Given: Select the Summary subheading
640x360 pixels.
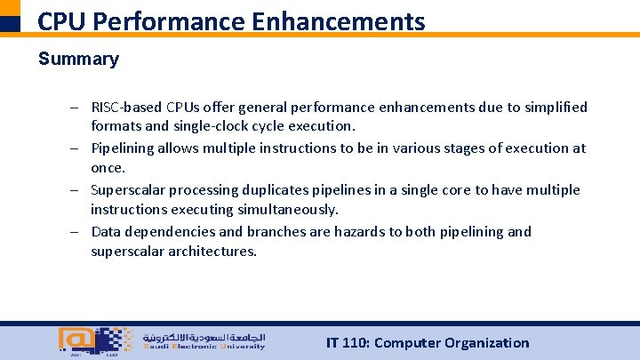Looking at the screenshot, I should point(78,60).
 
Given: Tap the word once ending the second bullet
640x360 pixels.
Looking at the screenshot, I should point(108,167).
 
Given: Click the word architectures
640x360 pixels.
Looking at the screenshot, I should point(212,251).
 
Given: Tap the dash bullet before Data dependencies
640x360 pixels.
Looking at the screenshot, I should point(78,231).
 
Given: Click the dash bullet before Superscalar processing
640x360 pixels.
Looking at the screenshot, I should point(78,189).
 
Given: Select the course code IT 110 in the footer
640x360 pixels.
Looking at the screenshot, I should point(348,343).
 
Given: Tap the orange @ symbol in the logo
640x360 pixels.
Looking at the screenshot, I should point(71,339).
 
